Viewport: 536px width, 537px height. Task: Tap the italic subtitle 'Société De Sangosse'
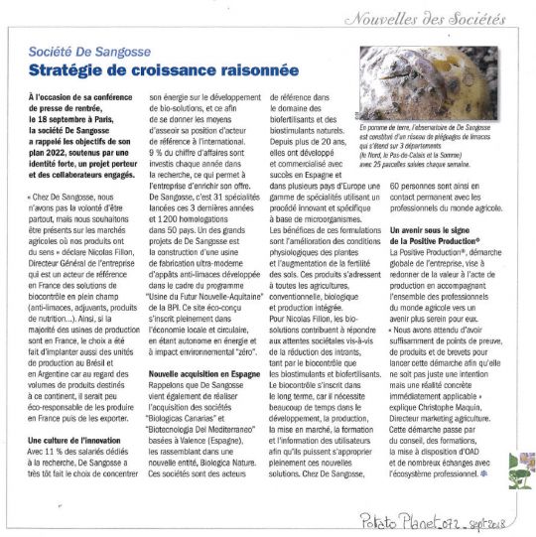pyautogui.click(x=95, y=52)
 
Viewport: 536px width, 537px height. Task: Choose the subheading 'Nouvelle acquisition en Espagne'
pyautogui.click(x=208, y=372)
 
